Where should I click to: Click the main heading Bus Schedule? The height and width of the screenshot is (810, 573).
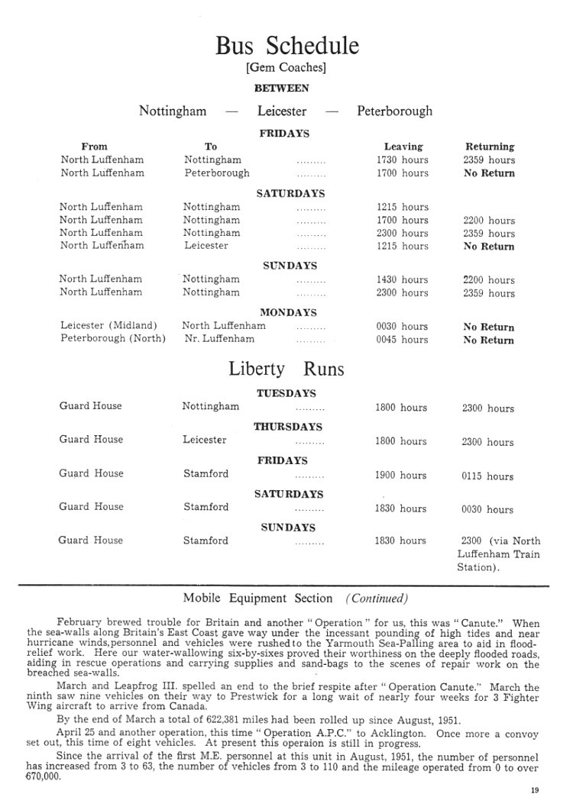click(286, 46)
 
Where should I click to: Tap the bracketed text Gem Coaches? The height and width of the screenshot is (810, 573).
click(286, 68)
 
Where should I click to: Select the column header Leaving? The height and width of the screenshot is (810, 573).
click(403, 146)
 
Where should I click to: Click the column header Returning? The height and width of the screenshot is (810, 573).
click(490, 146)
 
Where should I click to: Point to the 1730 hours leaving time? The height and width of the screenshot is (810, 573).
click(403, 160)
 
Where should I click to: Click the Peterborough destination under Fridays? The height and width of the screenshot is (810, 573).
click(216, 173)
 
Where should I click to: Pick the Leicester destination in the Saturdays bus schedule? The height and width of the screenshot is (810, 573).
click(206, 246)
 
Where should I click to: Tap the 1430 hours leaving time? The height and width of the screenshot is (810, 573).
click(403, 279)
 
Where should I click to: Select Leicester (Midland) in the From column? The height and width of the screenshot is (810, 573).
click(108, 326)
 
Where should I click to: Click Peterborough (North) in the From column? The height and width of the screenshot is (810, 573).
click(113, 339)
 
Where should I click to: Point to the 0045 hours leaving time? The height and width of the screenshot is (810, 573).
click(402, 340)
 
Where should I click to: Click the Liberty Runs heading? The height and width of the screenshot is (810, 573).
click(286, 370)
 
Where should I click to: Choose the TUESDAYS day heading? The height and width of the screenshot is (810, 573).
click(286, 393)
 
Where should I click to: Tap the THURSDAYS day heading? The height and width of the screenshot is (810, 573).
click(288, 427)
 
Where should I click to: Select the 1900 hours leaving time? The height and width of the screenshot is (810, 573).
click(401, 475)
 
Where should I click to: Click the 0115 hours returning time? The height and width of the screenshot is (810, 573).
click(487, 476)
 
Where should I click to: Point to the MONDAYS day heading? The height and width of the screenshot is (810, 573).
click(288, 312)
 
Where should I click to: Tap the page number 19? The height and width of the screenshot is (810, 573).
click(534, 791)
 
